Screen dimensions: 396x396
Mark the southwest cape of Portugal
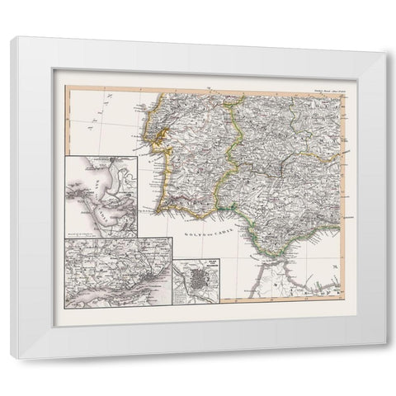tap(168, 210)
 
